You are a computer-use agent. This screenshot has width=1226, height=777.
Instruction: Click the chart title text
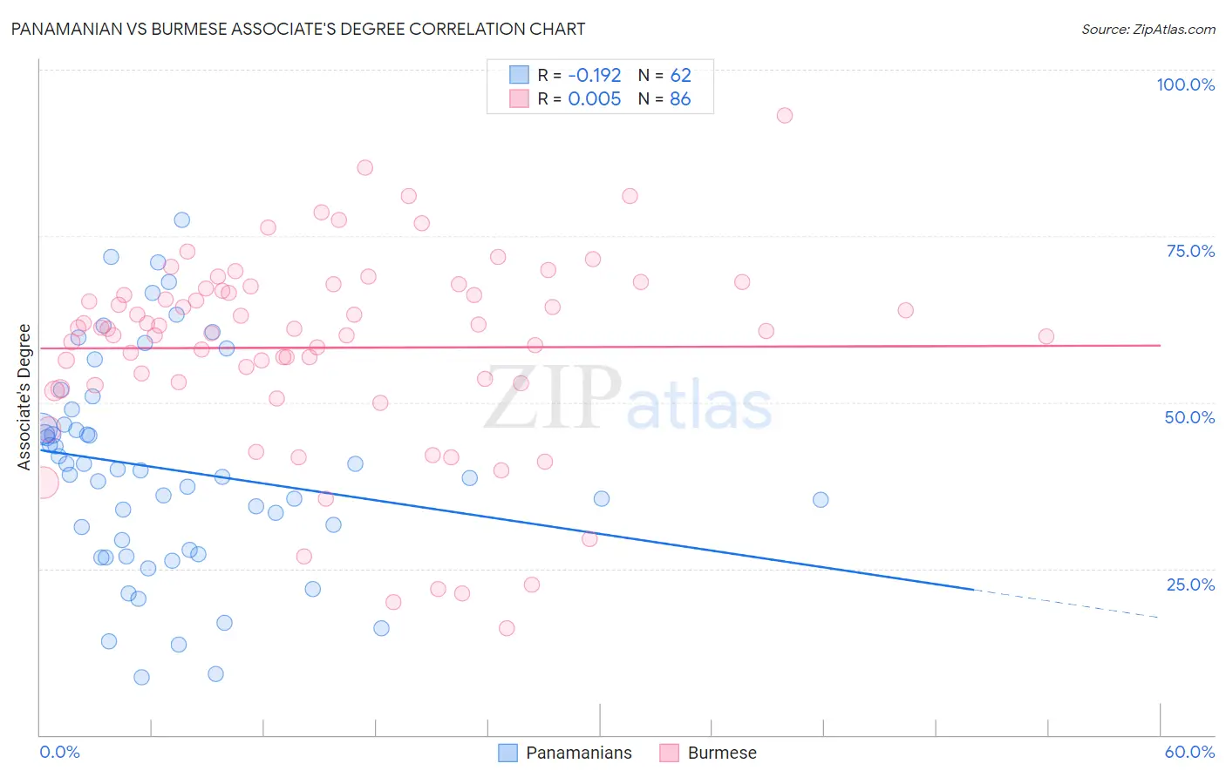298,29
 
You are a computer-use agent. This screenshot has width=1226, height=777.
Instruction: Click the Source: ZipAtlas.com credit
1148,29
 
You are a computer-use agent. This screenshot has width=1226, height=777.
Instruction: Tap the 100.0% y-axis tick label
1185,84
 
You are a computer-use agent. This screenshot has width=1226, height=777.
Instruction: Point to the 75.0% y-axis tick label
1190,251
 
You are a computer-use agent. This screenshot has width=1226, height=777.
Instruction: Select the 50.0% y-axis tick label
1189,417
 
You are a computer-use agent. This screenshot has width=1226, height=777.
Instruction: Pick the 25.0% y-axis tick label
1190,584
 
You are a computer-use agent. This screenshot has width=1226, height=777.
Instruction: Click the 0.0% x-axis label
59,752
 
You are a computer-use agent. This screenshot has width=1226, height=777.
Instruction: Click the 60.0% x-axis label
1189,752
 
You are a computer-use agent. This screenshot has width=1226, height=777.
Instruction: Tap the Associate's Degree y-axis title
24,397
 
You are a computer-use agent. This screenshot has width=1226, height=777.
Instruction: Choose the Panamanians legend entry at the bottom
565,753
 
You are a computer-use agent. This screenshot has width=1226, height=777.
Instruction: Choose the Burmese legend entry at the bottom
708,753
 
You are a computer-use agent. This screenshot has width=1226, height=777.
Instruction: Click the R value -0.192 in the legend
594,75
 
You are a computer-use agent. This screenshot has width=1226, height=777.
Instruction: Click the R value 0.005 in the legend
594,99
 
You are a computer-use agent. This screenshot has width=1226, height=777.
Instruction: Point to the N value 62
680,75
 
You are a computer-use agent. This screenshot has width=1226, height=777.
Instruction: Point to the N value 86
680,99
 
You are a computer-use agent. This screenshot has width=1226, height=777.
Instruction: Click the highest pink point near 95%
785,116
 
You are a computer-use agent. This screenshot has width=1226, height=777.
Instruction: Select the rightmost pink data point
1046,336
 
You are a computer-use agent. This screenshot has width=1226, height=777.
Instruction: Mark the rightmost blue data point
821,500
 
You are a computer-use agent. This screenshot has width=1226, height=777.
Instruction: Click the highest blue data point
181,220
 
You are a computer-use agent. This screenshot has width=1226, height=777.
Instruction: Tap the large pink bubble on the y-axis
42,482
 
